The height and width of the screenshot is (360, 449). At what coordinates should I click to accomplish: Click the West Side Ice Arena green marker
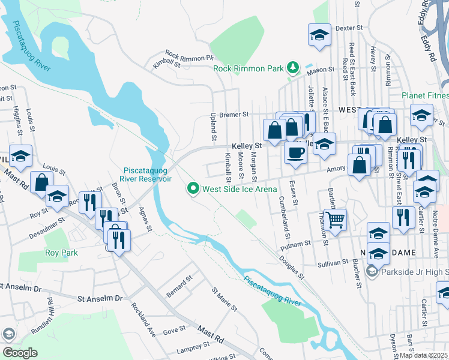click(193, 189)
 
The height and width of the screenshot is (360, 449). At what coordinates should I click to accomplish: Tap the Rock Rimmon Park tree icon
click(293, 68)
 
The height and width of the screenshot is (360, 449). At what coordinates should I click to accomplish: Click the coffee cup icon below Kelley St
click(295, 152)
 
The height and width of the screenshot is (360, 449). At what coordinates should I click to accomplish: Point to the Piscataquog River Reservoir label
click(148, 174)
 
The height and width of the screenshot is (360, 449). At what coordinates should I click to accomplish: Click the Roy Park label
click(62, 253)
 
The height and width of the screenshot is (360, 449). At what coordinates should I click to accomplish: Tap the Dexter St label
click(350, 28)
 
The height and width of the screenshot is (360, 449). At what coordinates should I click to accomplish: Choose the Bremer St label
click(234, 114)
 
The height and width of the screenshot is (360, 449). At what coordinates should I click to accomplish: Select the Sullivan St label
click(334, 263)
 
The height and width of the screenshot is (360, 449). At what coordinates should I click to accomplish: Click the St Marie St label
click(220, 298)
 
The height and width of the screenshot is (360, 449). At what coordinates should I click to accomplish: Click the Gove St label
click(174, 331)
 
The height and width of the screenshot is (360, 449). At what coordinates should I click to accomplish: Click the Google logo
click(20, 353)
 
